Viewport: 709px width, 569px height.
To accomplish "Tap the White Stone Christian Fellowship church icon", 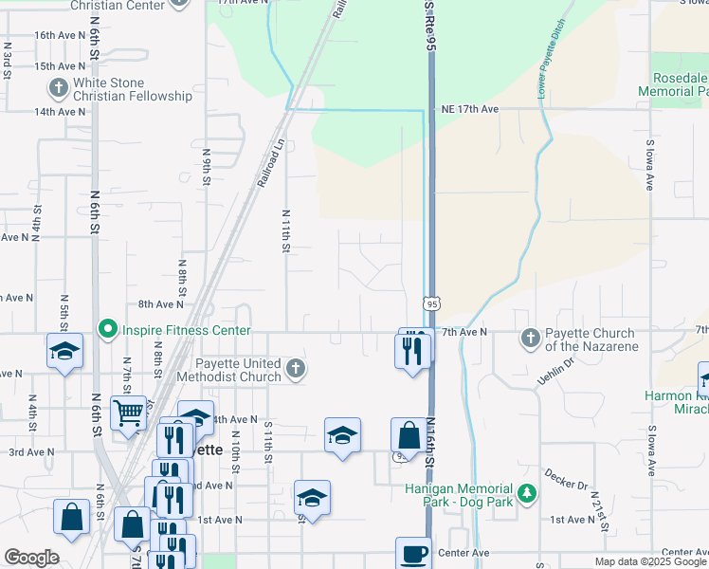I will point(58,89).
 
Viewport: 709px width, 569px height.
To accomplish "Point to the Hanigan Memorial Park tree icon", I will point(528,494).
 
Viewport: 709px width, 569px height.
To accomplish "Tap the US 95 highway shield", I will point(431,303).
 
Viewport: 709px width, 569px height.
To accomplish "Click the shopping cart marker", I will point(128,413).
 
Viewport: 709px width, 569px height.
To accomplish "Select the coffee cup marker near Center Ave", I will point(414,553).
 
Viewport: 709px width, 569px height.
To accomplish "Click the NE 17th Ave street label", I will point(469,109).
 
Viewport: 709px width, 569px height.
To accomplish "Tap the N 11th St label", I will point(284,232).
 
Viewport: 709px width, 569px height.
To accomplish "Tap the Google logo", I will point(31,558).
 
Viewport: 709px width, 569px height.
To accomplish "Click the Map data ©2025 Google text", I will point(649,561).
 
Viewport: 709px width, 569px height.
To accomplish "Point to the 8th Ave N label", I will point(160,304).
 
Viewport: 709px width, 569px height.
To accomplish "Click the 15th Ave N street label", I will point(59,66).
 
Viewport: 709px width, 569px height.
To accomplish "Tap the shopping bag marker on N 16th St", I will point(409,435).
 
